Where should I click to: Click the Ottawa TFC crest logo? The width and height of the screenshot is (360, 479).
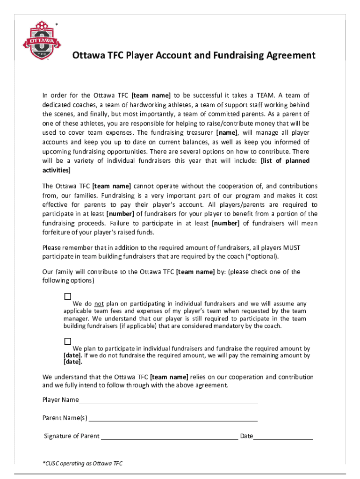(x=40, y=40)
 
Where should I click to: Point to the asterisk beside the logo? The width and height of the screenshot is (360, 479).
(x=57, y=24)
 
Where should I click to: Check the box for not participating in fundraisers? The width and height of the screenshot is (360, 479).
(x=68, y=297)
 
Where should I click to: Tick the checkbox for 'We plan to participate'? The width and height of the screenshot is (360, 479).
(x=68, y=341)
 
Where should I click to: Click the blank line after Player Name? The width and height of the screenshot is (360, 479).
(x=168, y=400)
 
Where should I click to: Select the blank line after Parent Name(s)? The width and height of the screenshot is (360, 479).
(x=173, y=418)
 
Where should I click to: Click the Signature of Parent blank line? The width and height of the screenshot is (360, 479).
(x=169, y=437)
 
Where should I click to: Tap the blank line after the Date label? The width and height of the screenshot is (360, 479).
(x=283, y=437)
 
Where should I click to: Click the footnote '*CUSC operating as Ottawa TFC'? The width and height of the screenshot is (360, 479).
(x=83, y=464)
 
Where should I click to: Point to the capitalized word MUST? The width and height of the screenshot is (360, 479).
(x=291, y=247)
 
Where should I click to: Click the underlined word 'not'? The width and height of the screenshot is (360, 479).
(x=99, y=304)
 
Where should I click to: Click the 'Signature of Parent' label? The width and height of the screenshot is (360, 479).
(x=72, y=436)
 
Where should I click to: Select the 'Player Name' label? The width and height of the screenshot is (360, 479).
(x=60, y=400)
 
